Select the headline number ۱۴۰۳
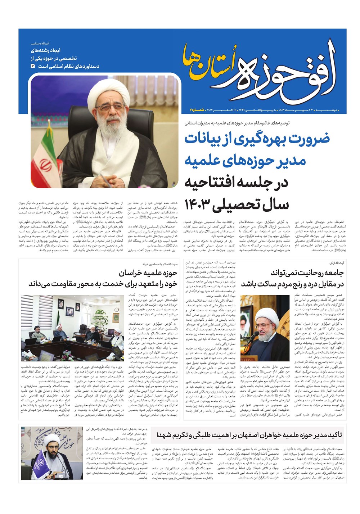coord(201,204)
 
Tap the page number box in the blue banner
coord(33,67)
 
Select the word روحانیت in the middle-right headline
coord(309,272)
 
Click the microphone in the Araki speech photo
coord(256,334)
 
